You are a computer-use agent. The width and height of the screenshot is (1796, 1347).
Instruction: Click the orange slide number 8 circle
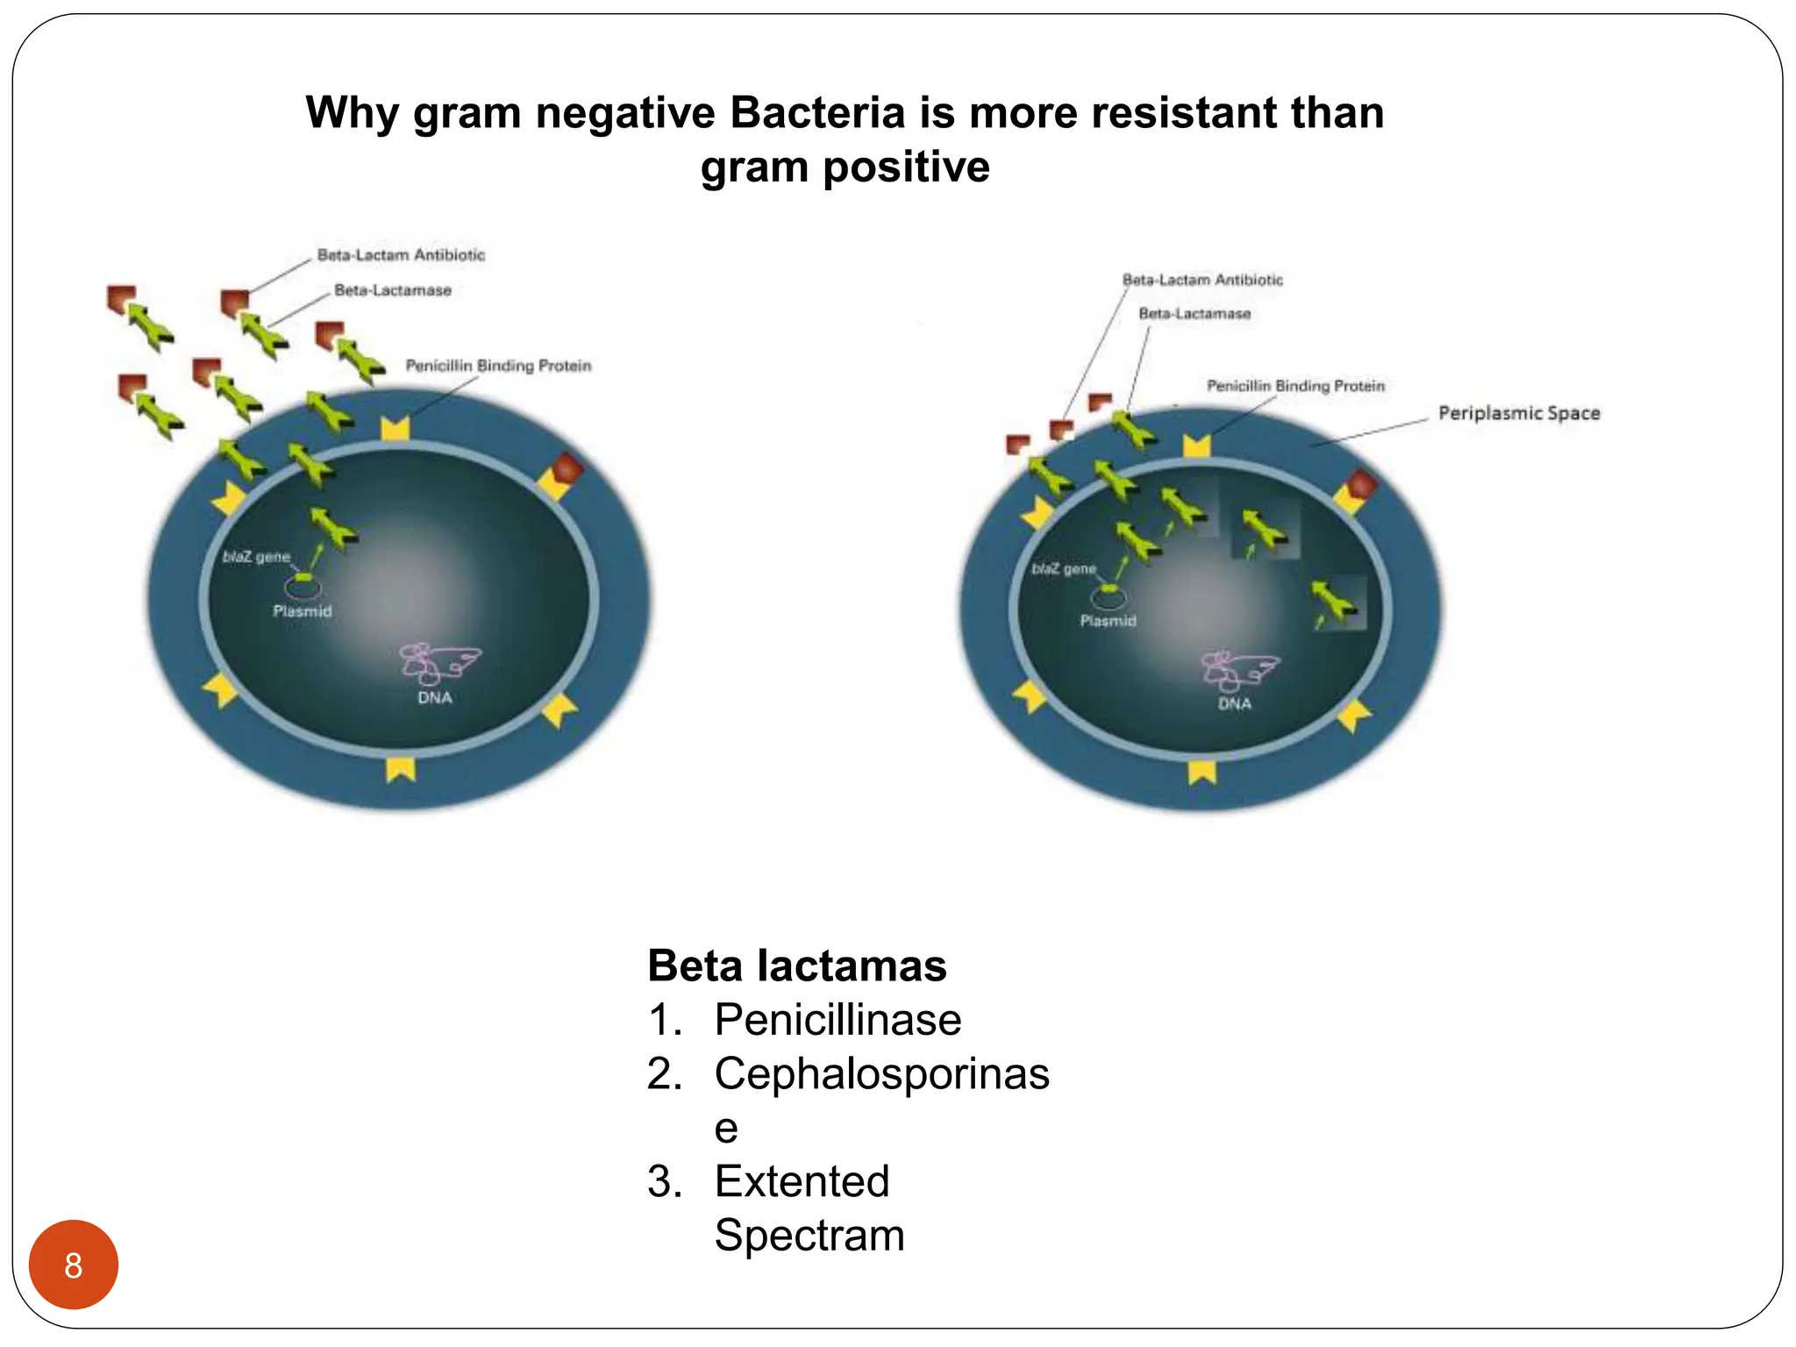[x=74, y=1264]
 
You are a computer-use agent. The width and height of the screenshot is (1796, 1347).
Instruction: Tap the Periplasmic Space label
[x=1518, y=413]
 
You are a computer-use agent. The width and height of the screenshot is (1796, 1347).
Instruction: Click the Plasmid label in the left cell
[x=302, y=611]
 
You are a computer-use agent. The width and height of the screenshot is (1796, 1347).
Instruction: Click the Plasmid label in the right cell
[x=1108, y=621]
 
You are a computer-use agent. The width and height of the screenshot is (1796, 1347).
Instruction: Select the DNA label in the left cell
[x=434, y=698]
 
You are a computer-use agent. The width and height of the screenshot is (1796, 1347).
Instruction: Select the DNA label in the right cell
[x=1234, y=704]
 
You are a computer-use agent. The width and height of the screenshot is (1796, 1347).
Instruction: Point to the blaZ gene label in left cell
[x=256, y=557]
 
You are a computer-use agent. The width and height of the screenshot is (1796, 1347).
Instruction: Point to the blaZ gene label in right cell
[x=1064, y=569]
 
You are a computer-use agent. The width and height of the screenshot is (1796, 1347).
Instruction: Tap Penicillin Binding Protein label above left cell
[x=498, y=366]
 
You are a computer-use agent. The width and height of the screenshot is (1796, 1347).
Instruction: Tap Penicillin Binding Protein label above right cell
[x=1295, y=386]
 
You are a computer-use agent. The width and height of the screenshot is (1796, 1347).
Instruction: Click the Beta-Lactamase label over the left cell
[x=392, y=290]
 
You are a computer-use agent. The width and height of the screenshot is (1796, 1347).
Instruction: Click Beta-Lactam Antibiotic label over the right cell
[x=1202, y=280]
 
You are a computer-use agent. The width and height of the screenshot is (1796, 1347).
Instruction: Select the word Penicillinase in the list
[x=837, y=1020]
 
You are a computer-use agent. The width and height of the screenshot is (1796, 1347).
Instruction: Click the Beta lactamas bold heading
[x=796, y=966]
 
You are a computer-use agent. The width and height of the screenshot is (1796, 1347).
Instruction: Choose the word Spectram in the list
[x=809, y=1236]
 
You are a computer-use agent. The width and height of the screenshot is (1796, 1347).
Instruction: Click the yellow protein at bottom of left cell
[x=401, y=769]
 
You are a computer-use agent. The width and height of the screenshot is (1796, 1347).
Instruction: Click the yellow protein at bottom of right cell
[x=1201, y=772]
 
